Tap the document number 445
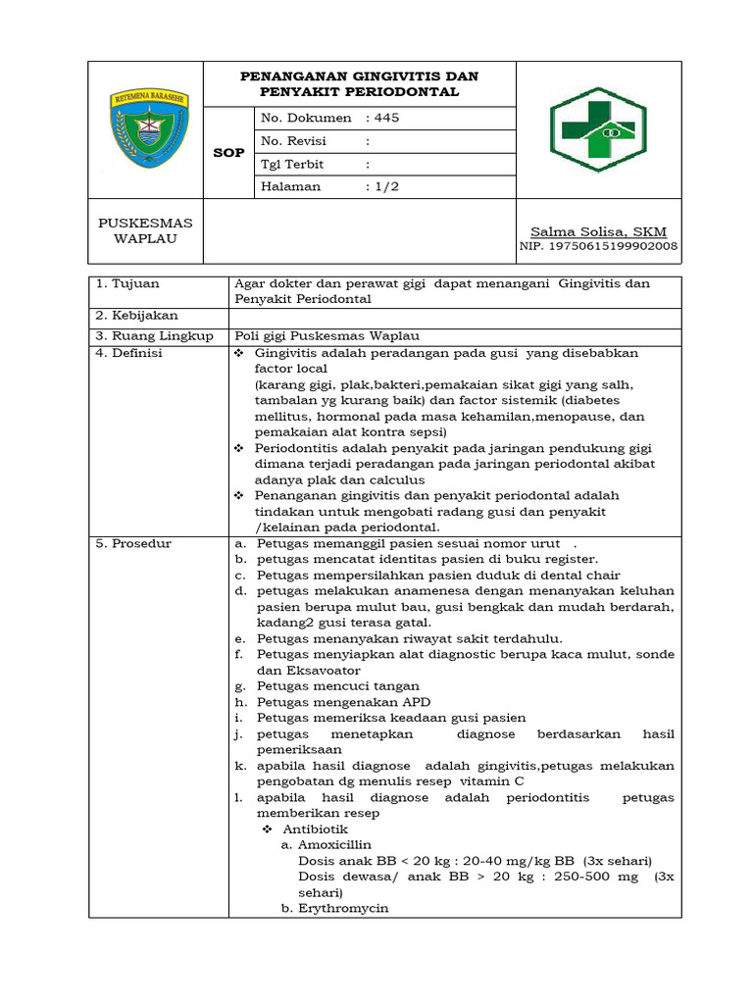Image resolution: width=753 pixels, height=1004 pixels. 387,118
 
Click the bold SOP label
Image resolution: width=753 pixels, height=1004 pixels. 228,153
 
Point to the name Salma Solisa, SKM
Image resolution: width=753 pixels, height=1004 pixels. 598,231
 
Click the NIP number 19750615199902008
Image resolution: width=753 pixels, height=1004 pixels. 598,247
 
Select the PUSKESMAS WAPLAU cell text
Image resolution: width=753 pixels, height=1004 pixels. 146,231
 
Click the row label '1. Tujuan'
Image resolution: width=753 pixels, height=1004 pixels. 128,283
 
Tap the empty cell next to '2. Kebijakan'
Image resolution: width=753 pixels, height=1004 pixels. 455,317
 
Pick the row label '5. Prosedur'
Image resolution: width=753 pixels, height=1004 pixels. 133,543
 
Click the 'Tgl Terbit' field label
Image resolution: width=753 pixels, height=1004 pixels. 292,164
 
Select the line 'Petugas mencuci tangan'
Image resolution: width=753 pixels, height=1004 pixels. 337,686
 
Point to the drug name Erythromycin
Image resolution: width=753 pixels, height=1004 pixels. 343,908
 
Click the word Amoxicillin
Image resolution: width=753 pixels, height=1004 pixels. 335,844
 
